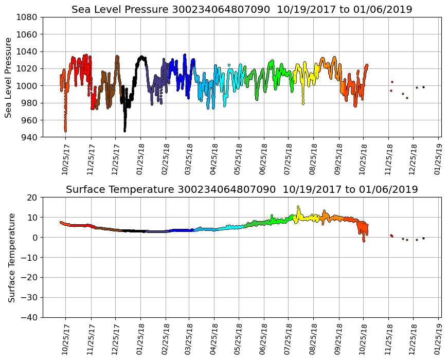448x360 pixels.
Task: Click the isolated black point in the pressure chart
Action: click(423, 87)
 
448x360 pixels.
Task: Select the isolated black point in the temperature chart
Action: click(423, 238)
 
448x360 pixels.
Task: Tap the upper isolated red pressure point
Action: click(392, 82)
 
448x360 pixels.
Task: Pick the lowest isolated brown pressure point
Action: click(407, 98)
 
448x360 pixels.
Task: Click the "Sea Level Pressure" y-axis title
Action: click(9, 77)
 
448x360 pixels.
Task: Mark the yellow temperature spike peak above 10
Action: click(298, 207)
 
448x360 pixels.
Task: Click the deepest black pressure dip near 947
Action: click(124, 131)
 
